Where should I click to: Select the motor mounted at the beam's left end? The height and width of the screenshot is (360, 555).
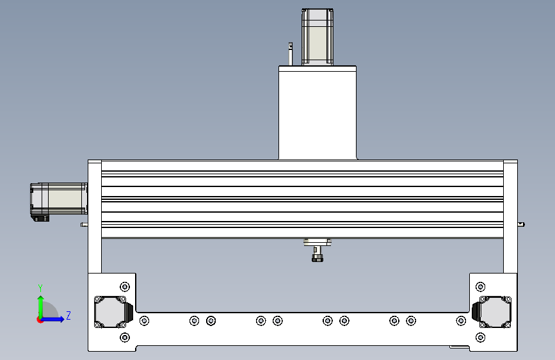click(x=59, y=200)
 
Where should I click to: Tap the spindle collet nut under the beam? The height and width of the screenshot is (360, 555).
click(x=317, y=258)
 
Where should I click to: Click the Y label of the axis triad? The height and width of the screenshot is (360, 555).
click(x=40, y=288)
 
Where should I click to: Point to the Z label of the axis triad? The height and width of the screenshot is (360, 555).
click(x=68, y=316)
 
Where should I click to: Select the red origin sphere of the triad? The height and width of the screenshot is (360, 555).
click(x=40, y=320)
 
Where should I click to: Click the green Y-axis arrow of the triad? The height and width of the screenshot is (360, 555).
click(x=40, y=305)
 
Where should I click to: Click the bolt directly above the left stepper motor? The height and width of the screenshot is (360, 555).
click(x=125, y=286)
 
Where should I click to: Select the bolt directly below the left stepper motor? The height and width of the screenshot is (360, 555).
click(x=125, y=338)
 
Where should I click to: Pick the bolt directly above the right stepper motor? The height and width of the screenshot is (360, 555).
click(x=481, y=286)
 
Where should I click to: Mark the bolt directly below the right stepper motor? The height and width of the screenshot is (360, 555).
click(x=481, y=338)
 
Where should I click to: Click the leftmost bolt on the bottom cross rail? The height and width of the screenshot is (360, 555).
click(x=145, y=320)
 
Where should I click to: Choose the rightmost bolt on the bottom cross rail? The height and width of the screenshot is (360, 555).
click(x=461, y=320)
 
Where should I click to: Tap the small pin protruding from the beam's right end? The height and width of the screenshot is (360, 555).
click(x=522, y=224)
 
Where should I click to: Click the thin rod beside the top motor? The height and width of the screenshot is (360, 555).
click(x=290, y=54)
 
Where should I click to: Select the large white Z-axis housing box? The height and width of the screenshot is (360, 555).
click(x=318, y=112)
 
